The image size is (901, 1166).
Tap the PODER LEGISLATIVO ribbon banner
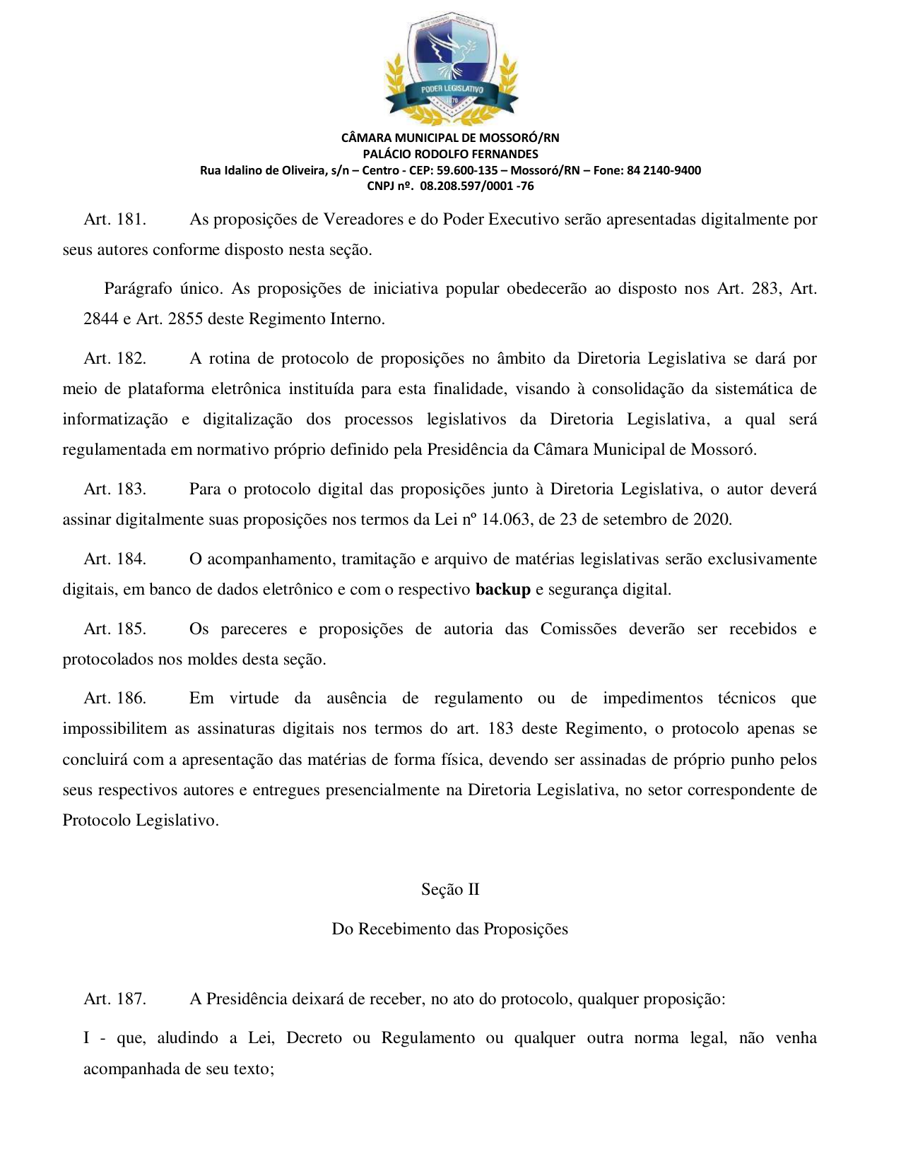click(x=452, y=90)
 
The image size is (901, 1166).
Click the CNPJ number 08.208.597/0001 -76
click(x=476, y=186)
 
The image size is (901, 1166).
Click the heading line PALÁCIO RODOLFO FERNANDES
click(x=450, y=154)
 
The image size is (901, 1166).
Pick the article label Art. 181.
click(x=114, y=220)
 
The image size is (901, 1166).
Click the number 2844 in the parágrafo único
click(x=100, y=319)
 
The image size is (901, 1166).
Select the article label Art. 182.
click(x=114, y=359)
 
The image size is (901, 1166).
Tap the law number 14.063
click(x=505, y=520)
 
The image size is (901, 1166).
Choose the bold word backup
click(x=502, y=590)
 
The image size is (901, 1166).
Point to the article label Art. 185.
click(x=114, y=629)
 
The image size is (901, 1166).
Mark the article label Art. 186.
click(x=114, y=698)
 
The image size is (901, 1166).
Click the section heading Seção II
click(x=450, y=890)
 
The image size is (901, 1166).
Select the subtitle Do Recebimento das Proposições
click(x=450, y=929)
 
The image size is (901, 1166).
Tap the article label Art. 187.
click(x=114, y=999)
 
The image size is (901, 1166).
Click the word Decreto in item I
click(x=314, y=1038)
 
